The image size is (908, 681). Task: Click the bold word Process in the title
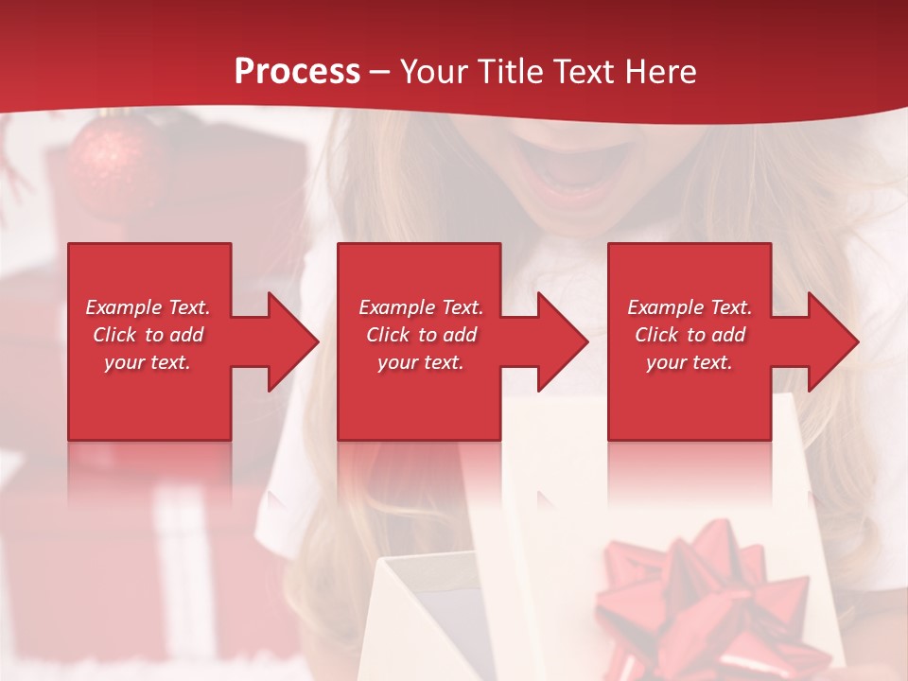297,71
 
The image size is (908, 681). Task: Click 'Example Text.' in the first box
148,307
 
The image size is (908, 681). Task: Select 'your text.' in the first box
148,362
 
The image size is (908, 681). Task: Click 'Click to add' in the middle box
421,335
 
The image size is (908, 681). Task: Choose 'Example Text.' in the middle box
421,307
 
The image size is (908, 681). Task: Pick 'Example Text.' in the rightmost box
690,307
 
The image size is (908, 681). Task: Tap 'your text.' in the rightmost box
690,362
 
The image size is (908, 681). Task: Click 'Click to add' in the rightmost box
690,335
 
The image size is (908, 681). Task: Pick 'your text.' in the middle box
421,362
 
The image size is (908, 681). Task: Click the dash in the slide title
379,72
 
